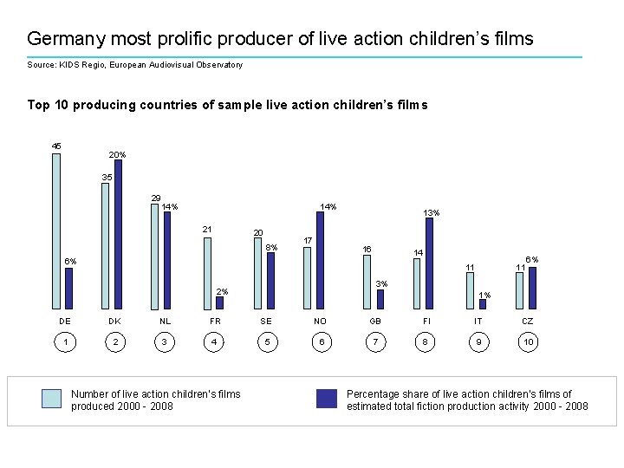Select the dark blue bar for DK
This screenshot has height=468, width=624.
click(x=118, y=234)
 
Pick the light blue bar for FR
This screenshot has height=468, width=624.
click(x=207, y=273)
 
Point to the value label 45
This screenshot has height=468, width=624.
click(x=56, y=146)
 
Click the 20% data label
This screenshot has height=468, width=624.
click(x=117, y=154)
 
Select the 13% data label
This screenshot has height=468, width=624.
click(x=431, y=212)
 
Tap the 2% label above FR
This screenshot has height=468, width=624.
click(x=222, y=291)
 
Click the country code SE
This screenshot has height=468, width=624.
click(x=266, y=321)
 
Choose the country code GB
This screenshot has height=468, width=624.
click(x=375, y=321)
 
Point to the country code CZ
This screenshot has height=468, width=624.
click(x=528, y=321)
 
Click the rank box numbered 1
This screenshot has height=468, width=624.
click(x=65, y=342)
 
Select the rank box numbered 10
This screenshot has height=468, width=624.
click(x=528, y=342)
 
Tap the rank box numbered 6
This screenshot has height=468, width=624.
click(x=321, y=342)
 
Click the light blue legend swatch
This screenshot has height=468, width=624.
click(x=52, y=399)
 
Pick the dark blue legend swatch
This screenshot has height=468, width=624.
click(x=327, y=399)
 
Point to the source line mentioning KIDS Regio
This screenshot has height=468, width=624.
click(x=134, y=65)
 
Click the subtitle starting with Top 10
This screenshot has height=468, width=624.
click(x=227, y=105)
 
